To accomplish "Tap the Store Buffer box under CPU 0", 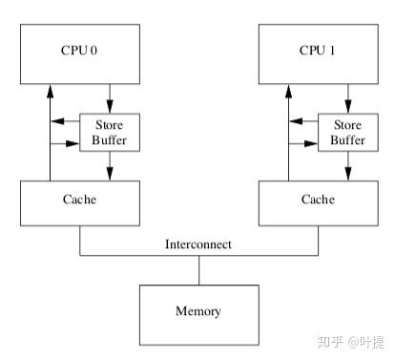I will (x=109, y=131).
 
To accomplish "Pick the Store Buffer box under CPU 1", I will (x=347, y=131).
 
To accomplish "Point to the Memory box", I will (x=198, y=311).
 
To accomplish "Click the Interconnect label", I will (x=198, y=244).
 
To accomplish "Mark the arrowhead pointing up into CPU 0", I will (x=50, y=91).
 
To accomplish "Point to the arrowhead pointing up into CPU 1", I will (x=288, y=91).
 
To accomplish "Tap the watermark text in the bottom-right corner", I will (x=352, y=339).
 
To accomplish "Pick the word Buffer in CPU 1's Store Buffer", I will (x=347, y=139).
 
